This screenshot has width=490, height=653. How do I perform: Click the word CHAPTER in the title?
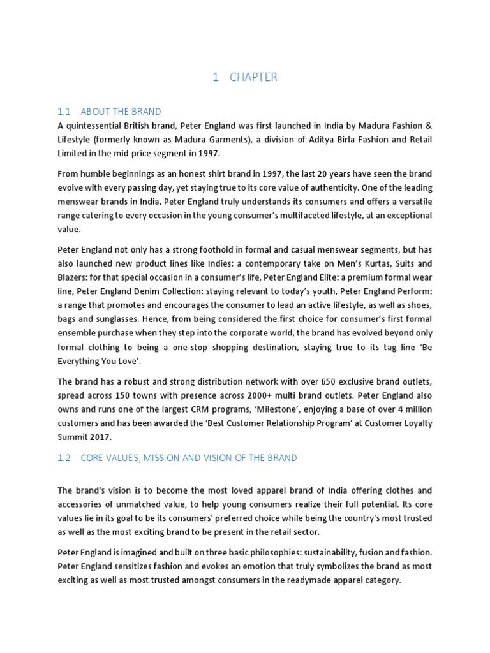(x=254, y=77)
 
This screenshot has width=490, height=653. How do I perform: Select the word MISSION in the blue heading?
(x=162, y=458)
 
